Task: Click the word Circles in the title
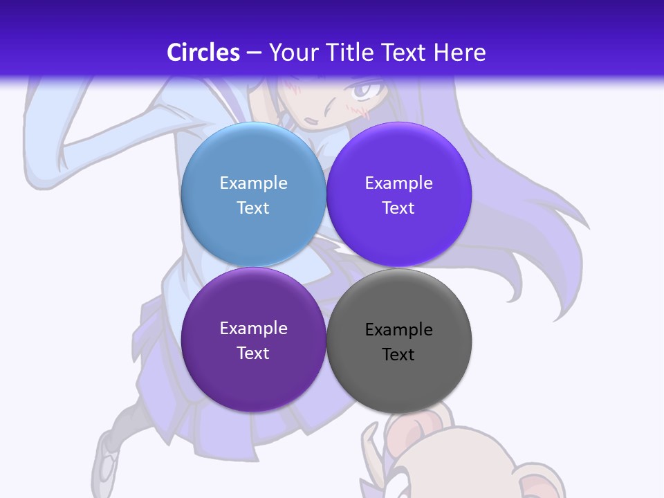[x=203, y=52]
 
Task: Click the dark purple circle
[x=253, y=380]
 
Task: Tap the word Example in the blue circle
[x=253, y=183]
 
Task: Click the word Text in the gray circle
[x=398, y=355]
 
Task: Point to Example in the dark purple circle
[x=253, y=328]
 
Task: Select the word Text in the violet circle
[x=398, y=207]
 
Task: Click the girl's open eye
[x=365, y=89]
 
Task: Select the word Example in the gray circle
[x=398, y=330]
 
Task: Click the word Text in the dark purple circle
[x=253, y=353]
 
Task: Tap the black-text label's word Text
[x=398, y=355]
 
